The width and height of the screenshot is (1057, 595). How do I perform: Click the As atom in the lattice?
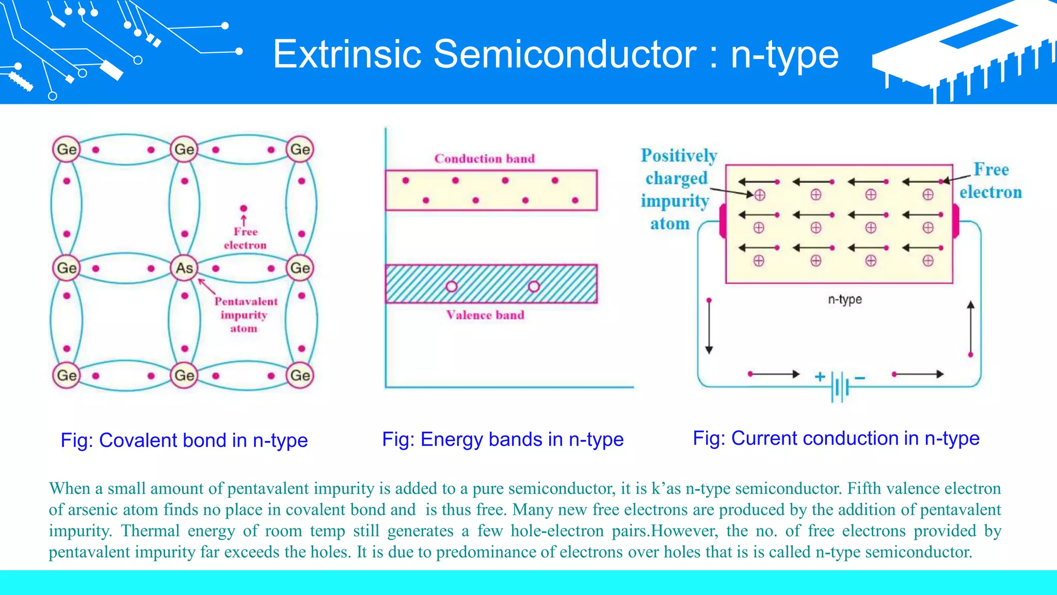[184, 268]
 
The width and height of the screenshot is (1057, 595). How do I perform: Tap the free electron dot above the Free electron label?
[244, 208]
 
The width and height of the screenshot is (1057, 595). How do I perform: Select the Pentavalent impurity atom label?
[245, 315]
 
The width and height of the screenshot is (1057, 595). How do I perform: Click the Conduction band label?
[484, 159]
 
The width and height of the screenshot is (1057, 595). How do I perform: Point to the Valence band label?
[485, 315]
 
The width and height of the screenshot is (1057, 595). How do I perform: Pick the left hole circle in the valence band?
[452, 286]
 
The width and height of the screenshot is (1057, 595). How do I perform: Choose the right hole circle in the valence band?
[534, 286]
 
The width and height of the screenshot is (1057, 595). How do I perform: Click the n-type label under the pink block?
[845, 300]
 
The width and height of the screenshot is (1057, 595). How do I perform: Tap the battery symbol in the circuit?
[840, 386]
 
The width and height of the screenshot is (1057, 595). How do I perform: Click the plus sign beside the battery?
[820, 377]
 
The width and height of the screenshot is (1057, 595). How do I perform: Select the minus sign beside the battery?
[860, 378]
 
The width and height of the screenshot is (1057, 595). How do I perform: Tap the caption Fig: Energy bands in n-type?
[503, 440]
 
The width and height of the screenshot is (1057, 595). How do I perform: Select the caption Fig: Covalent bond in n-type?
[184, 441]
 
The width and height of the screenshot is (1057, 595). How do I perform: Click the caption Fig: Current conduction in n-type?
[836, 439]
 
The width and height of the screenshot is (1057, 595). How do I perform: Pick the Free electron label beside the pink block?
[990, 181]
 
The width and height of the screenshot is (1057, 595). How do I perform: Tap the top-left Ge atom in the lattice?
[67, 149]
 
